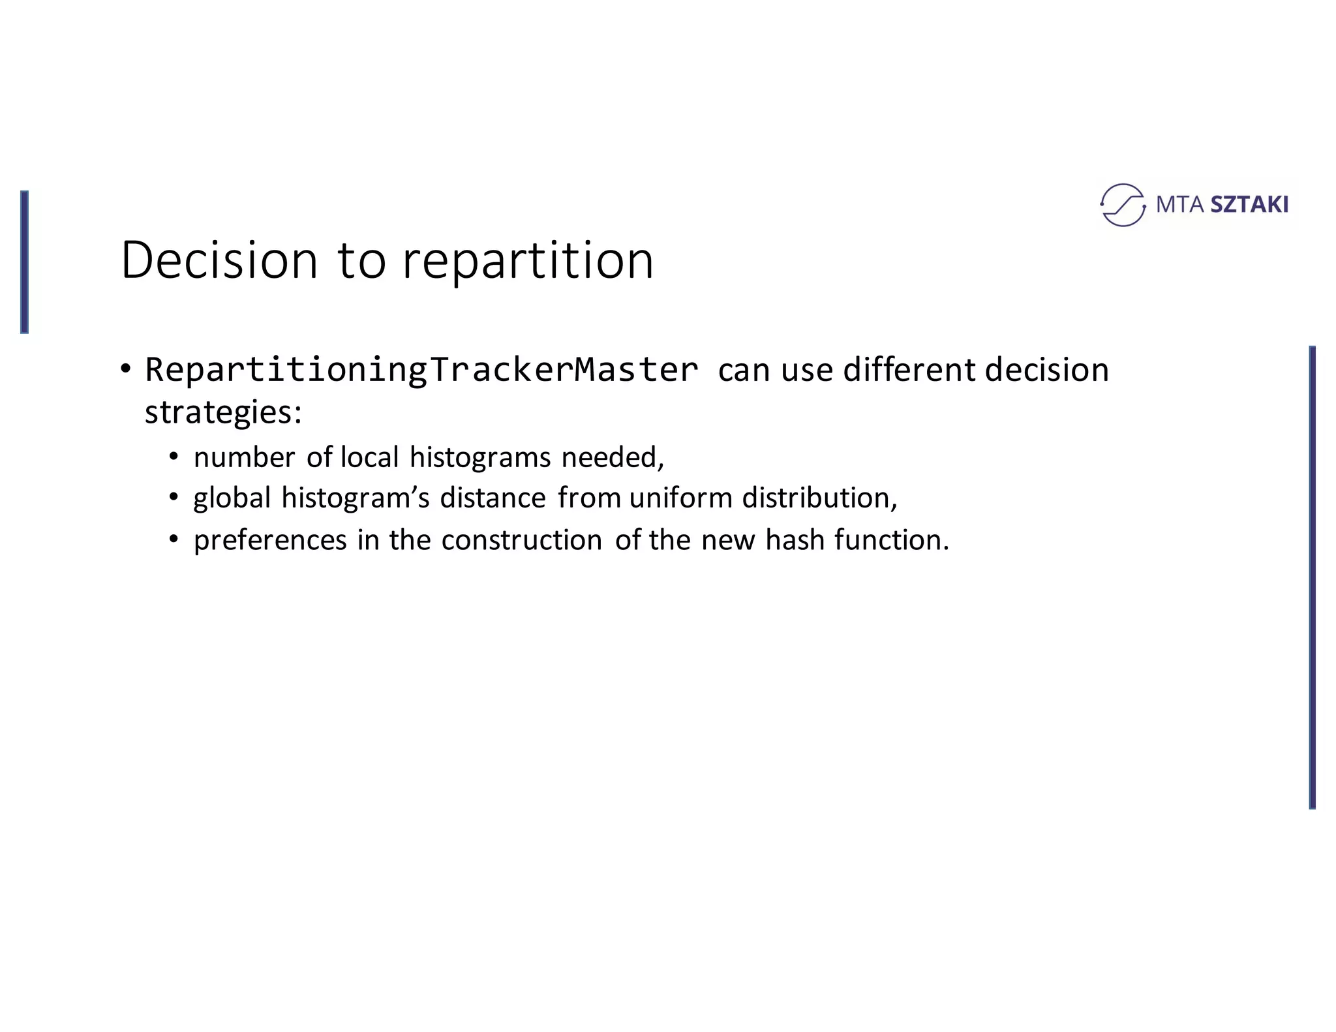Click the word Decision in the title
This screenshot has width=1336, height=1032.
pyautogui.click(x=219, y=260)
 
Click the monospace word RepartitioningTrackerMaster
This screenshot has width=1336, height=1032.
pyautogui.click(x=421, y=370)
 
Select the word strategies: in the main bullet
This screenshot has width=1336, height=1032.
pyautogui.click(x=223, y=413)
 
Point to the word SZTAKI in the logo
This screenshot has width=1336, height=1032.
pyautogui.click(x=1249, y=205)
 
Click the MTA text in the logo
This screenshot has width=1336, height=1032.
pyautogui.click(x=1179, y=205)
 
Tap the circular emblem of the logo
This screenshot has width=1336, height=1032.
pyautogui.click(x=1122, y=205)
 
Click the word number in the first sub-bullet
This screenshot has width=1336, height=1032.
pyautogui.click(x=245, y=457)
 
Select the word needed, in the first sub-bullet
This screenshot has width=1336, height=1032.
pyautogui.click(x=613, y=457)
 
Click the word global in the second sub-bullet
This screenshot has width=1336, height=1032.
pyautogui.click(x=232, y=498)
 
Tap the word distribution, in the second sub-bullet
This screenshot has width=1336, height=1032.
pyautogui.click(x=820, y=498)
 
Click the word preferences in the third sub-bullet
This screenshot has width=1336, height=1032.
pyautogui.click(x=270, y=541)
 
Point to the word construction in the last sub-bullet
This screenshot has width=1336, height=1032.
pyautogui.click(x=521, y=540)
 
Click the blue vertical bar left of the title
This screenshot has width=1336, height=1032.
pyautogui.click(x=24, y=262)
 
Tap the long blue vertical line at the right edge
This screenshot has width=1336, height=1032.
pyautogui.click(x=1312, y=577)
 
